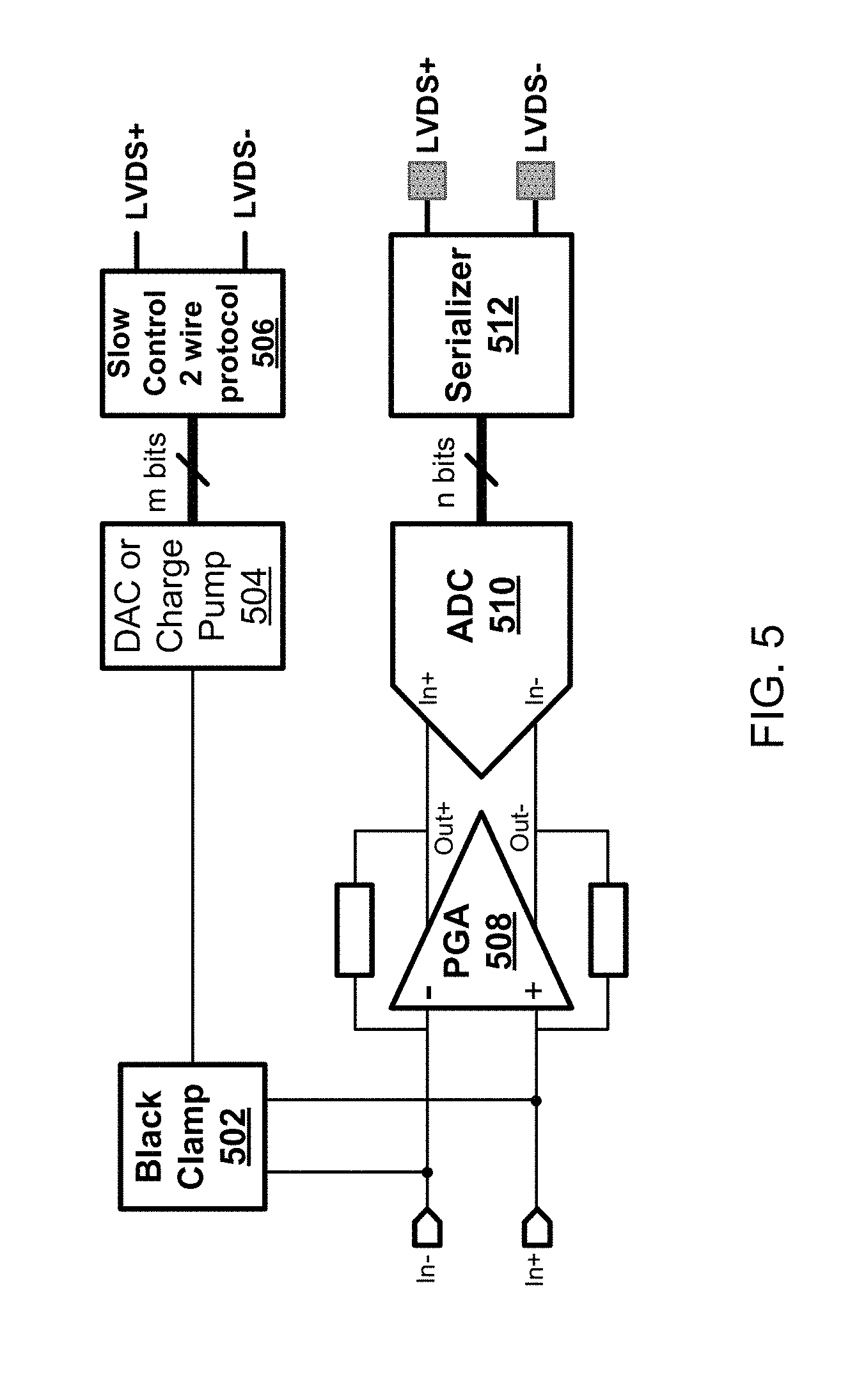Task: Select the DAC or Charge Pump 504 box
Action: point(192,596)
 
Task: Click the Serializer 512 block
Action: point(482,325)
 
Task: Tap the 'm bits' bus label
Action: point(157,471)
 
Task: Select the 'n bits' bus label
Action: point(446,471)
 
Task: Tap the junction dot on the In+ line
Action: point(536,1101)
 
